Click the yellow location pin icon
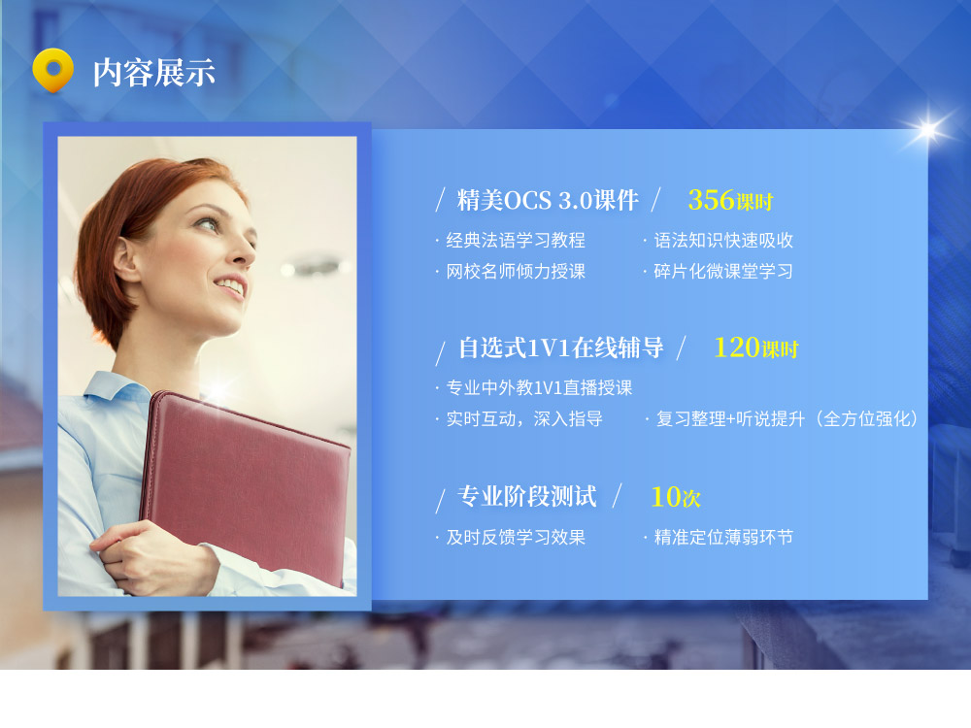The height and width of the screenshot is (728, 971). coord(52,70)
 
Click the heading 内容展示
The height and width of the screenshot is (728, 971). coord(154,73)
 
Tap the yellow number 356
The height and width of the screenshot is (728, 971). coord(711,200)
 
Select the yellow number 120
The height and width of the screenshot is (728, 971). coord(737,347)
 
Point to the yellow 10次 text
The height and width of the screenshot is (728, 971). coord(676,497)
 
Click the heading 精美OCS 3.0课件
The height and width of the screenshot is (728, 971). coord(548,200)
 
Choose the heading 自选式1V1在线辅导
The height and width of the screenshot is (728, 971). coord(561,347)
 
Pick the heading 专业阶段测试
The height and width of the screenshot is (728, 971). coord(527,496)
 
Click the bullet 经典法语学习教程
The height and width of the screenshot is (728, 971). coord(516,240)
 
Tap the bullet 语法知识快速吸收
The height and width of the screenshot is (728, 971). coord(723,240)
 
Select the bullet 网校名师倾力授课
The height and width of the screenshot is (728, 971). coord(516,271)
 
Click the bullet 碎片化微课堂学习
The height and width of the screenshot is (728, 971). coord(723,271)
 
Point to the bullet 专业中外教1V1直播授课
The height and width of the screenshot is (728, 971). coord(539,387)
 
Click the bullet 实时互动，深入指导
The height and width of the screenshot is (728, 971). coord(524,419)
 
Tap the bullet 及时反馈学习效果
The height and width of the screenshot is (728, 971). coord(516,537)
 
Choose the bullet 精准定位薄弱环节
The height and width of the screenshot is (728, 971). coord(723,537)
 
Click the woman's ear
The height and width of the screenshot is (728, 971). coord(126,260)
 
